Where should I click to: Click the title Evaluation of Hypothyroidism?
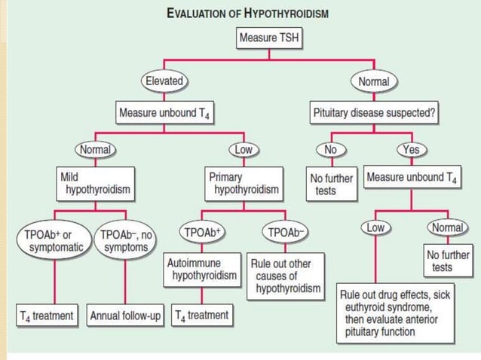[x=247, y=14]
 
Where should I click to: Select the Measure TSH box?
[x=270, y=37]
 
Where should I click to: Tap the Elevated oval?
[x=164, y=80]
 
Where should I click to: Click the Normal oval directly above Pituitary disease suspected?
[x=373, y=80]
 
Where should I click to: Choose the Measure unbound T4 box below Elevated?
[x=163, y=114]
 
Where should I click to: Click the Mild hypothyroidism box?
[x=96, y=185]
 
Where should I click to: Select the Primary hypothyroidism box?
[x=243, y=185]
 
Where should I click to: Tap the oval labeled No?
[x=330, y=149]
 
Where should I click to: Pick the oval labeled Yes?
[x=411, y=149]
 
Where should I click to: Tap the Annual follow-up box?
[x=125, y=316]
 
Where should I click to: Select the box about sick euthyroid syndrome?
[x=397, y=314]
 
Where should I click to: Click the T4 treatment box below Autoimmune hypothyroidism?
[x=202, y=316]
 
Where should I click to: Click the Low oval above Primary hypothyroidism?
[x=243, y=149]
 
